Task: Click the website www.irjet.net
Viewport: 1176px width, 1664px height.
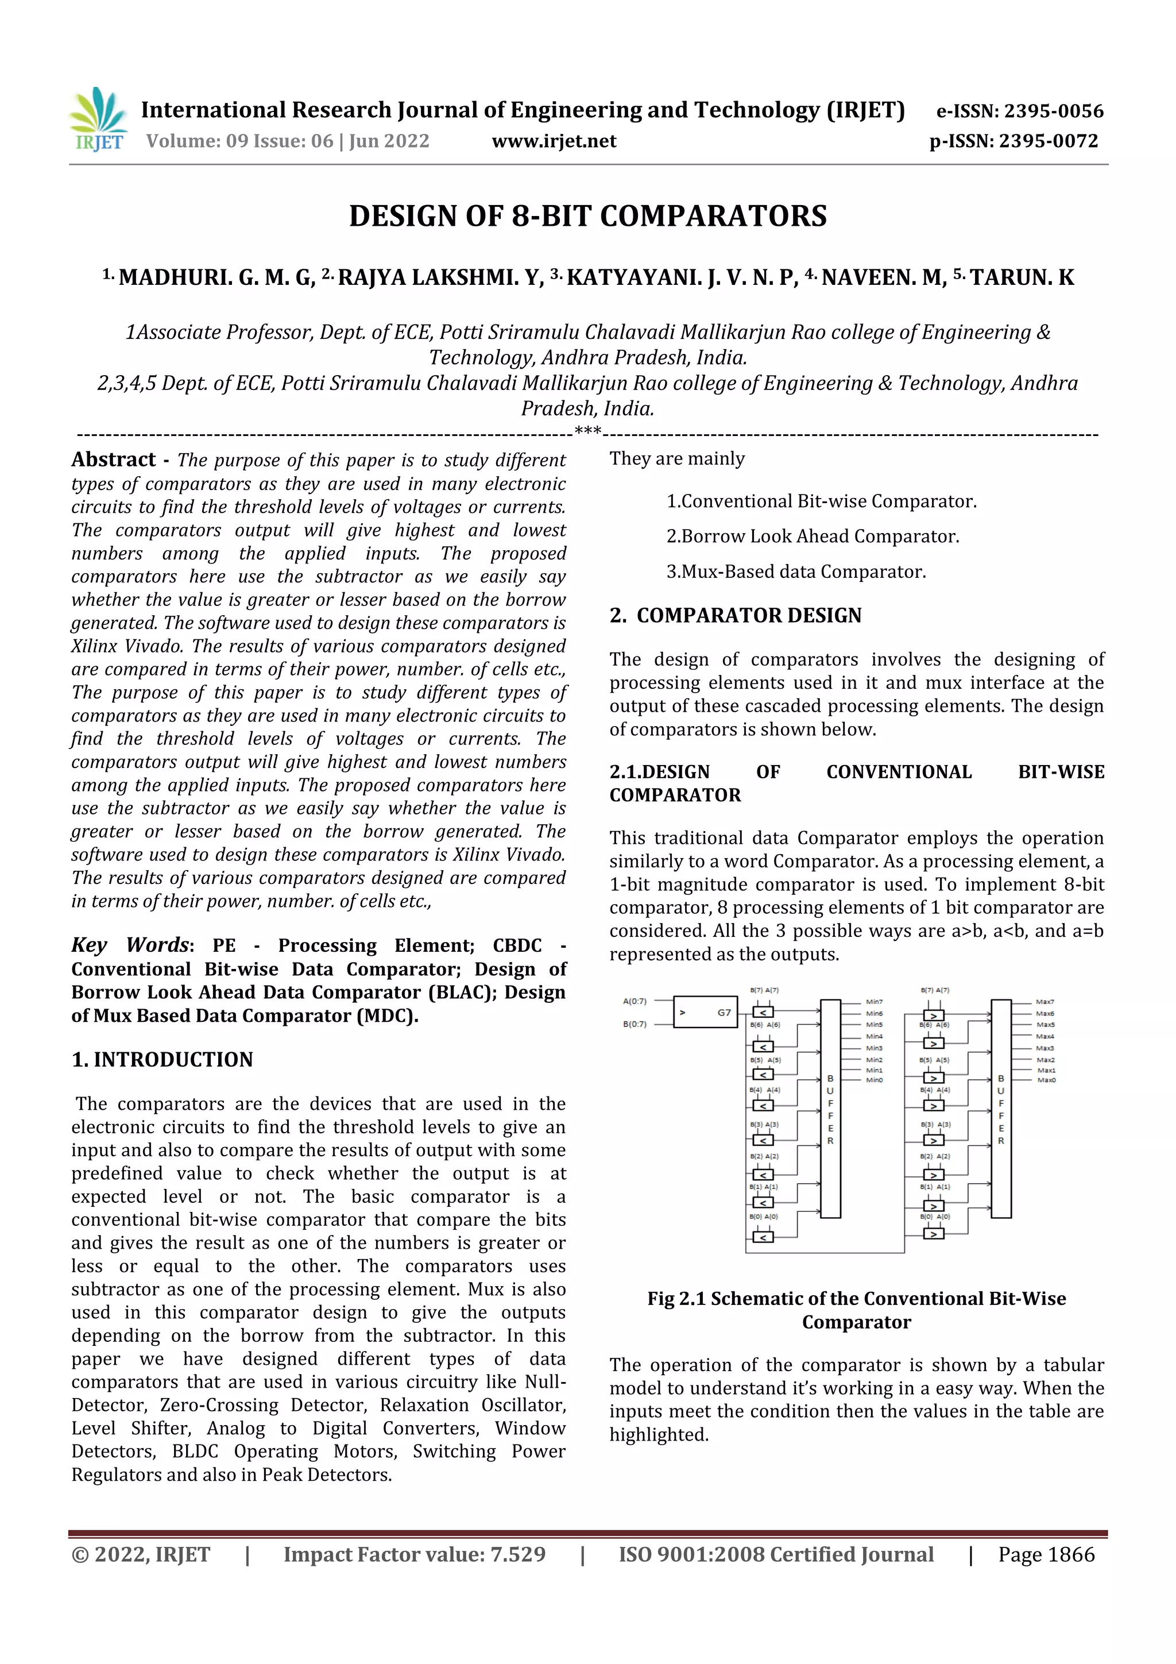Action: tap(554, 141)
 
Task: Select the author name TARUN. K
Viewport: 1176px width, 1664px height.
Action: tap(1022, 277)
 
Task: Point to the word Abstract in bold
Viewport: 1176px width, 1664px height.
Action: tap(114, 460)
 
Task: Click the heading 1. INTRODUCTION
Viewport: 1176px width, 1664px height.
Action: tap(163, 1060)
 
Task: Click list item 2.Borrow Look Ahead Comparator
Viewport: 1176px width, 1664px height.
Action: tap(813, 536)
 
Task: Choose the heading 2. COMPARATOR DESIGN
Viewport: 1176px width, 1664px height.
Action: tap(736, 615)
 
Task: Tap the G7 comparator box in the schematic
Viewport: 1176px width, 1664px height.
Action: tap(705, 1013)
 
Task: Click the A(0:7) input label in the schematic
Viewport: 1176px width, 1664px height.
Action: tap(635, 1002)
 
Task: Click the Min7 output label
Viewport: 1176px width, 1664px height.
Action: tap(874, 1002)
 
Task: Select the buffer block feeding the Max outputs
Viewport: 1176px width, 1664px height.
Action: tap(1001, 1109)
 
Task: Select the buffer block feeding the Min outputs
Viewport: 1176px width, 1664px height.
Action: tap(830, 1109)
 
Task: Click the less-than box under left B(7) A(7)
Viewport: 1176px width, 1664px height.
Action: tap(763, 1013)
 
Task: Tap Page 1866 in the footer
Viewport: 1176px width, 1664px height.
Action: tap(1046, 1554)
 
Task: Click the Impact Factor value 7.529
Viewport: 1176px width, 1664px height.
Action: tap(517, 1554)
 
